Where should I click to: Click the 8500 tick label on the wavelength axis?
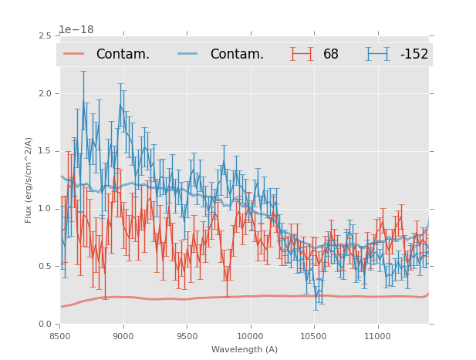click(x=60, y=337)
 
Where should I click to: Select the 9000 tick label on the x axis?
click(x=123, y=337)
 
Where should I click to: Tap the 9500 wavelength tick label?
click(x=187, y=337)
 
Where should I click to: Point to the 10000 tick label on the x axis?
click(x=250, y=337)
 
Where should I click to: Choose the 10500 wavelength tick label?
click(x=313, y=337)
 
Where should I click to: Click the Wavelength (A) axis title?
click(x=245, y=350)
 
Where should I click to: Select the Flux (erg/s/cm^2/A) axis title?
click(x=29, y=180)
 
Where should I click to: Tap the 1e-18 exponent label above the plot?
click(x=76, y=30)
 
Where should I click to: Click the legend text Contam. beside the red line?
click(x=123, y=55)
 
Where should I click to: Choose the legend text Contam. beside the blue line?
click(x=237, y=55)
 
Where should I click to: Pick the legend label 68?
click(x=331, y=55)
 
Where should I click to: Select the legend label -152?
click(x=414, y=55)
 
